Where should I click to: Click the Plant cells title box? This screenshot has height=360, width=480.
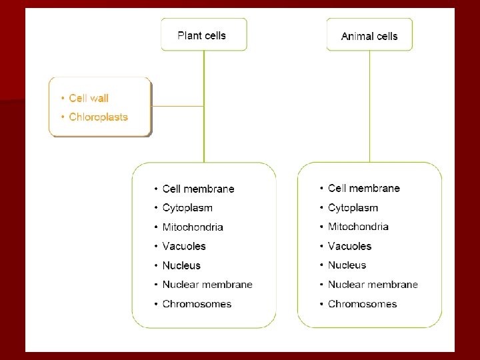[203, 35]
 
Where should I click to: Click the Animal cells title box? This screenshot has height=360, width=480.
[369, 35]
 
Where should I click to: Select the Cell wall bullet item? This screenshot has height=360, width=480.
[89, 98]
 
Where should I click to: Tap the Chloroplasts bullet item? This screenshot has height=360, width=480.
[98, 117]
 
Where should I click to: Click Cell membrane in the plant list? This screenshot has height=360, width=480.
[198, 189]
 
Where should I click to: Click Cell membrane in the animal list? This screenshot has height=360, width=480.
[363, 188]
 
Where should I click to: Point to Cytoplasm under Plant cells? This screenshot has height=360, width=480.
[187, 208]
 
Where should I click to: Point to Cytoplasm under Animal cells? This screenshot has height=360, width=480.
[353, 207]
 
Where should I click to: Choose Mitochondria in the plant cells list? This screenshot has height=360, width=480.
[193, 227]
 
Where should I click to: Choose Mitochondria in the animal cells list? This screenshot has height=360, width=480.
[358, 227]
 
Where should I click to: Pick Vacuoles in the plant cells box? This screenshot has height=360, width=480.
[184, 246]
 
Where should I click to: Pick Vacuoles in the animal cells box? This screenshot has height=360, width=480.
[349, 246]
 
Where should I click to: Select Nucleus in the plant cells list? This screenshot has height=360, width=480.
[181, 265]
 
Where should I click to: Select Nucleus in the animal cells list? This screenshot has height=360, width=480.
[347, 265]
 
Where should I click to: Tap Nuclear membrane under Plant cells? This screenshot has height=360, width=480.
[207, 285]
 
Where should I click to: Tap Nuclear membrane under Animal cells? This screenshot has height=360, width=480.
[373, 284]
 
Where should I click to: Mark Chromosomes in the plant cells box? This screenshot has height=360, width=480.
[197, 304]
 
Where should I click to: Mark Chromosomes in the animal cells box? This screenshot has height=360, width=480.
[362, 304]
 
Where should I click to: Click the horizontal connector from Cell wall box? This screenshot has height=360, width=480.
[177, 106]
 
